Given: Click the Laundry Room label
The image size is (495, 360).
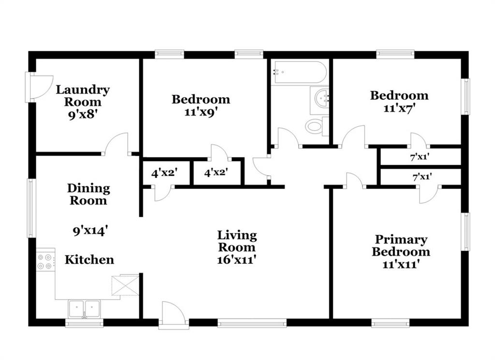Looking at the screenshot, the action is coord(83,96).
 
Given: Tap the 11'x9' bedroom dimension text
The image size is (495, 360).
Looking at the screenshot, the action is coord(201,112).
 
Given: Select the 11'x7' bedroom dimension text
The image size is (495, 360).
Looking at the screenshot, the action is coord(399,108).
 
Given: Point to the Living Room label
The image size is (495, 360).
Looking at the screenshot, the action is coord(237,241).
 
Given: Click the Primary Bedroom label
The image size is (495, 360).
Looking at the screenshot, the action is coord(401,245).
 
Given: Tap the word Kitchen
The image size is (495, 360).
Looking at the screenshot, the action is coord(89,260).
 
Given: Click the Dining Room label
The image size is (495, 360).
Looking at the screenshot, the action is coord(88,195).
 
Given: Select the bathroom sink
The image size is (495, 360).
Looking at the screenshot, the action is coord(320,100).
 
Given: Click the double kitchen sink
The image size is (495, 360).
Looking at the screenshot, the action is coord(84,309).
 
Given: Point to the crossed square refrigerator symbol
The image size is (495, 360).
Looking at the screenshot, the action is coord(125,285).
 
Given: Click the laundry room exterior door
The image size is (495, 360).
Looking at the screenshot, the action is coord(39,87).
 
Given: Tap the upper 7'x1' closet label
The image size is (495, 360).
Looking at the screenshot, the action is coord(420,156).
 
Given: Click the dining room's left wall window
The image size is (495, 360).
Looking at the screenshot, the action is coord(30,208).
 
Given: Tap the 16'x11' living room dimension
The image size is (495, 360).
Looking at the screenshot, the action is coord(236,260).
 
